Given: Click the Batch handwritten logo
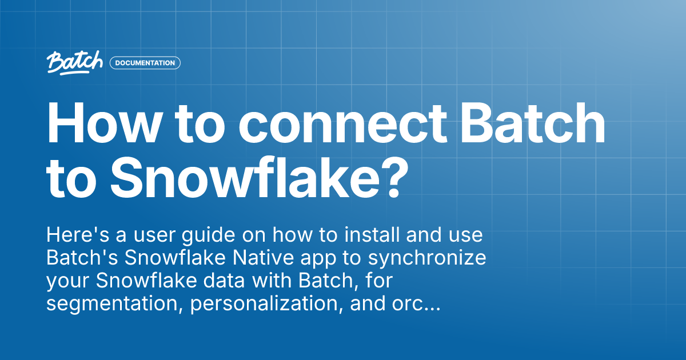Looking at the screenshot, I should coord(75,62).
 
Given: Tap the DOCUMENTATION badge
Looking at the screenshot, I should coord(145,63).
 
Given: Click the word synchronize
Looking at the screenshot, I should coord(426,258).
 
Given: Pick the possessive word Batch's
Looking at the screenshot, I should coord(82,258).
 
